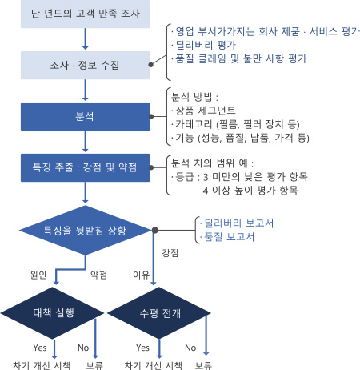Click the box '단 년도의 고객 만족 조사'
[86, 14]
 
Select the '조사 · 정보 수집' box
[86, 65]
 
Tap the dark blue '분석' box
[86, 116]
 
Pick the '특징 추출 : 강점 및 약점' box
[86, 167]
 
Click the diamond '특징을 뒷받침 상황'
[86, 230]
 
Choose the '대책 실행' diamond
[52, 313]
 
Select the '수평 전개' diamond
[159, 313]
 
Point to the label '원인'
[38, 275]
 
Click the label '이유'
[141, 275]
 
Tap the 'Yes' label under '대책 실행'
[40, 348]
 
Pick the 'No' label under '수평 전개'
[190, 348]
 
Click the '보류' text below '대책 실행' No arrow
[94, 365]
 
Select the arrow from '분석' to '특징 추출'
[86, 142]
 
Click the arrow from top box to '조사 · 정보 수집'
[86, 39]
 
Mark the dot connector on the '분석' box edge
[151, 116]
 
